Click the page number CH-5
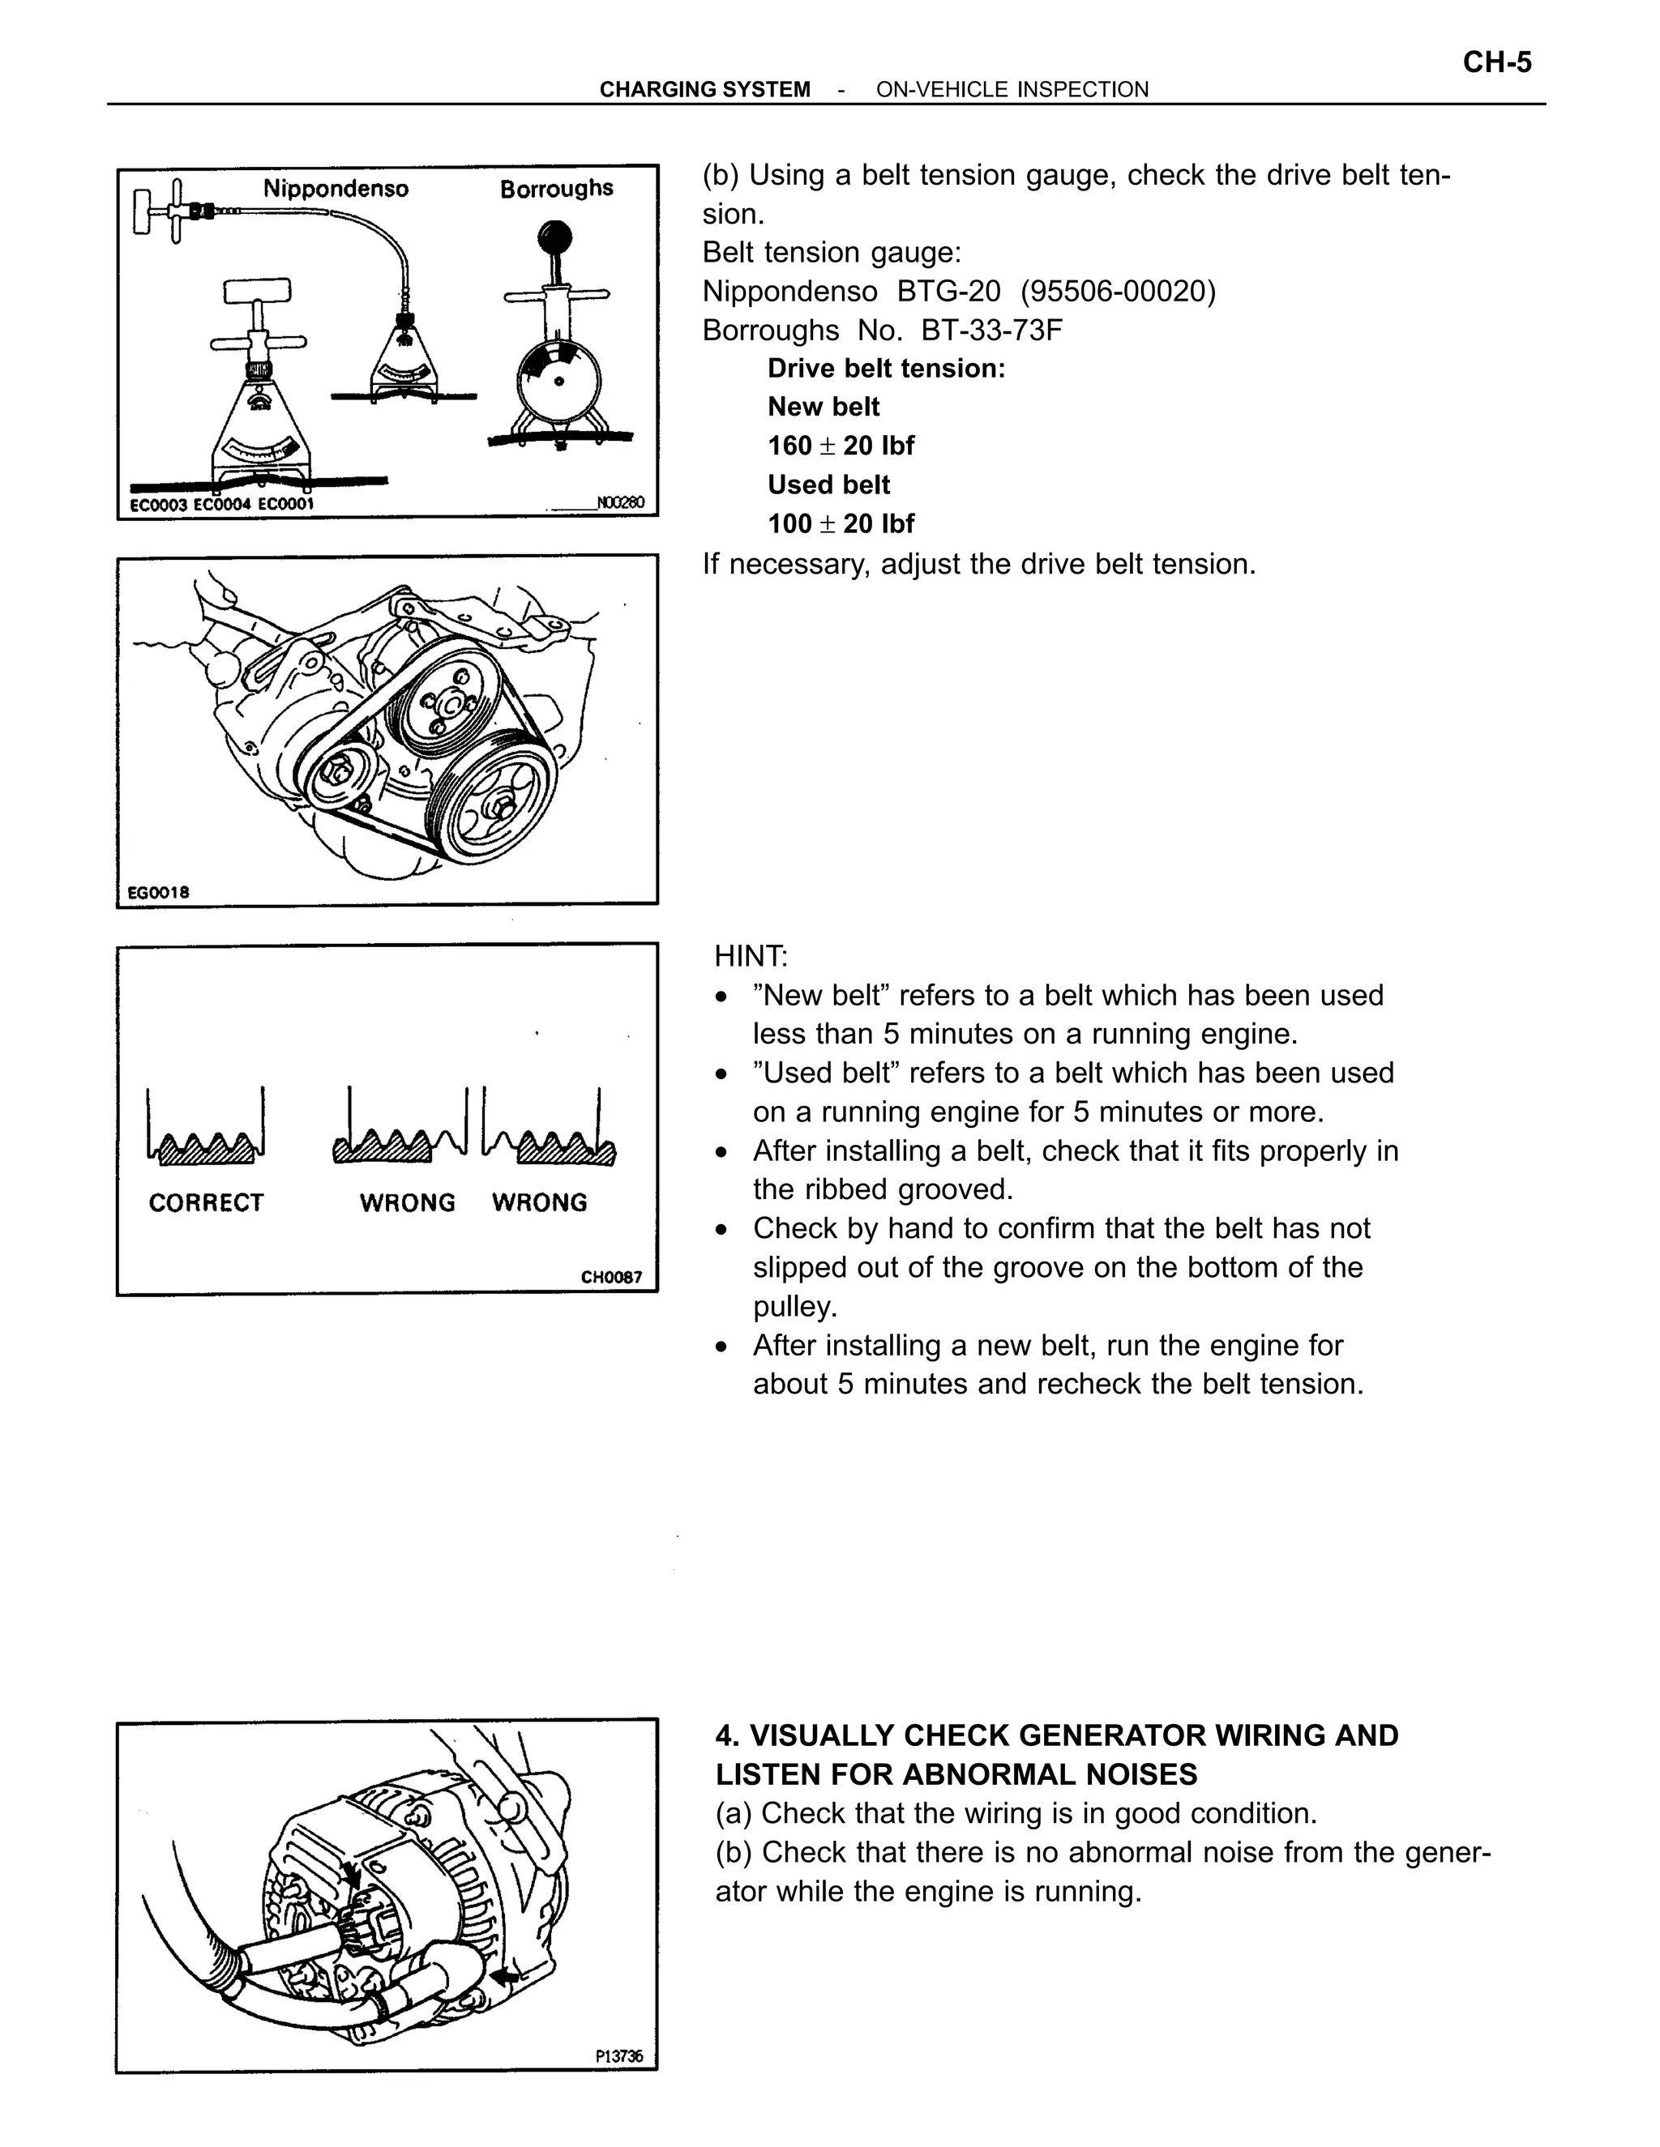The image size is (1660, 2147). point(1497,63)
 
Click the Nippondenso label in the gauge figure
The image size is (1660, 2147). point(336,189)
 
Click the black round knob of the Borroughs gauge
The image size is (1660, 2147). point(554,237)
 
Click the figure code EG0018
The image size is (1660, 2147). point(157,893)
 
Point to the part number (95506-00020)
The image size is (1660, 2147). point(1118,292)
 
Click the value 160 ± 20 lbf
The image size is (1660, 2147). point(841,446)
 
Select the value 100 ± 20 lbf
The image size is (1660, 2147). point(841,524)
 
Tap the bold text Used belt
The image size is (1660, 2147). point(828,484)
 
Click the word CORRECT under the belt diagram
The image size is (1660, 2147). point(206,1203)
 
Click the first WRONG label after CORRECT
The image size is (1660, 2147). point(407,1203)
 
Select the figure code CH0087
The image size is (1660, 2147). point(610,1277)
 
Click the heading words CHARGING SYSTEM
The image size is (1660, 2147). point(704,89)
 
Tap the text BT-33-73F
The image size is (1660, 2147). point(992,331)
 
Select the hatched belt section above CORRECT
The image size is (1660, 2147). point(206,1150)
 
